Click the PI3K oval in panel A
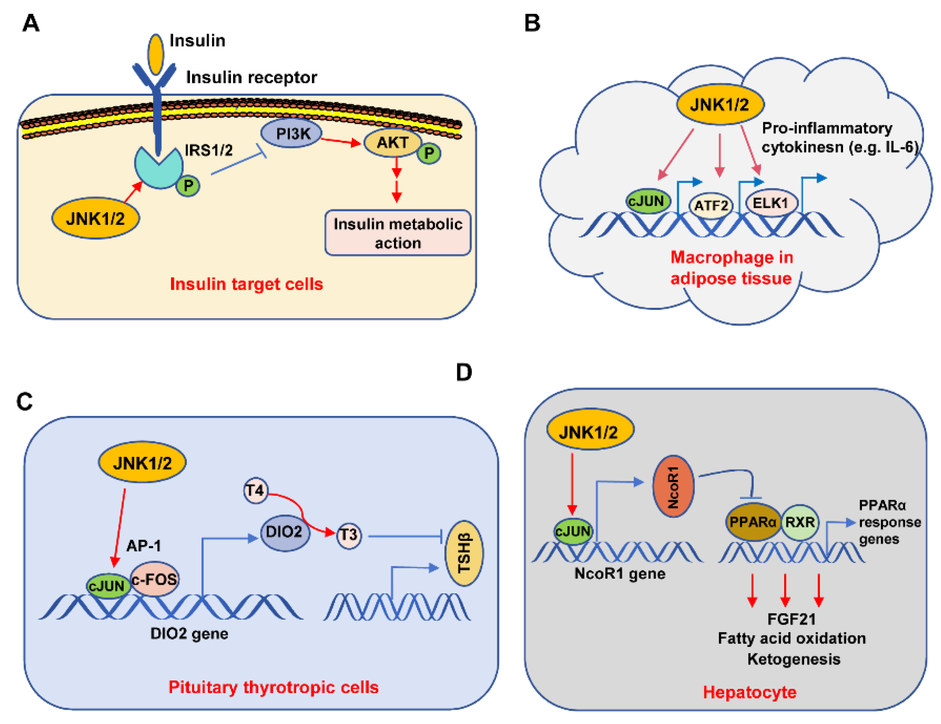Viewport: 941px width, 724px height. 292,134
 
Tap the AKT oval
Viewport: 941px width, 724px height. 392,142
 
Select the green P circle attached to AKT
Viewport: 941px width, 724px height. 429,153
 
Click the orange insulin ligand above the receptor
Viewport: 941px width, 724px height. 155,54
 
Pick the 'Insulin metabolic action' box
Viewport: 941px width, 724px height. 398,233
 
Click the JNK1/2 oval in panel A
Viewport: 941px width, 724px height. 95,219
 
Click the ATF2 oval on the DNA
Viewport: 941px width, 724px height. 711,205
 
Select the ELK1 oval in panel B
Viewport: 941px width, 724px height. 772,202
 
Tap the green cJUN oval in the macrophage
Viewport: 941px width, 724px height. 648,201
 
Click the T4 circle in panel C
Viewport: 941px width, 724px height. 255,490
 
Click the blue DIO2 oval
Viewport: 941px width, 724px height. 284,532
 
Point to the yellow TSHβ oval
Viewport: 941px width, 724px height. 464,553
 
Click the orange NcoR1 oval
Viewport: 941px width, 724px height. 673,486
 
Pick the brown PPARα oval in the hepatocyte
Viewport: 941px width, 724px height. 753,522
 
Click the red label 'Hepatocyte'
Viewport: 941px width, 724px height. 750,692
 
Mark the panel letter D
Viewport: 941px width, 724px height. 464,372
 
